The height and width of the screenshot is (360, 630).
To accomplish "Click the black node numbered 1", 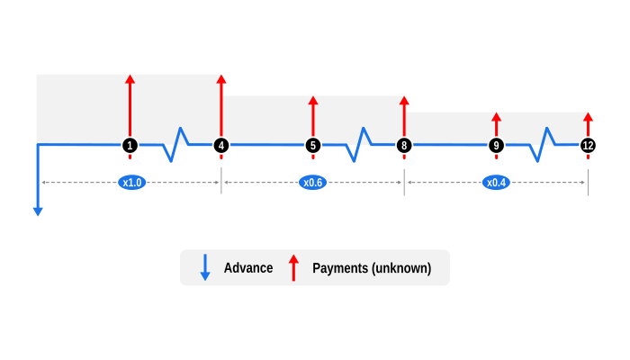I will click(130, 145).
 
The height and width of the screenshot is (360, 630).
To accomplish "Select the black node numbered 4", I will click(221, 145).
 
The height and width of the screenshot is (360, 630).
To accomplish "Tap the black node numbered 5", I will click(313, 145).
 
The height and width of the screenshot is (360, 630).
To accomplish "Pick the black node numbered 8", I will click(404, 145).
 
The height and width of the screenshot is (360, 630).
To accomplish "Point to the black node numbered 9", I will click(496, 145).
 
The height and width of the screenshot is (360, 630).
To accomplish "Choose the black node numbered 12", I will click(588, 145).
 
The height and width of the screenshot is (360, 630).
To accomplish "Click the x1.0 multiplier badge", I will click(132, 183).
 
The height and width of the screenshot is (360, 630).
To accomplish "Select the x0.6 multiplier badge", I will click(313, 183).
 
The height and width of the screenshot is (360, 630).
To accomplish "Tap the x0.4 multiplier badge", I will click(496, 183).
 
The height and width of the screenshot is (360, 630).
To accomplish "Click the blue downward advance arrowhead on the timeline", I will click(38, 211).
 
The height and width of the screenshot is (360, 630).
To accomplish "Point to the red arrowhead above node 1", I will click(130, 80).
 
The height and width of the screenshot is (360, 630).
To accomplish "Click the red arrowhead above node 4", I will click(221, 79).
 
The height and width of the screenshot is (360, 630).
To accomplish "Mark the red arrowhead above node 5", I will click(313, 101).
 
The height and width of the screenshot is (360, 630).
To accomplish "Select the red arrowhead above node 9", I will click(496, 117).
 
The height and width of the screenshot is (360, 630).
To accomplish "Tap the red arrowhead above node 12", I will click(588, 117).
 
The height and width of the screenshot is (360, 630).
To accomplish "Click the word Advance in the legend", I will click(248, 268).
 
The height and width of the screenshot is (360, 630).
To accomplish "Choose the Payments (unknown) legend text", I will click(372, 268).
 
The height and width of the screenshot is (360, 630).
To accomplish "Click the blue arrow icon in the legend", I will click(205, 268).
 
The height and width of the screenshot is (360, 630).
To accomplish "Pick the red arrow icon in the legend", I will click(293, 267).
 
